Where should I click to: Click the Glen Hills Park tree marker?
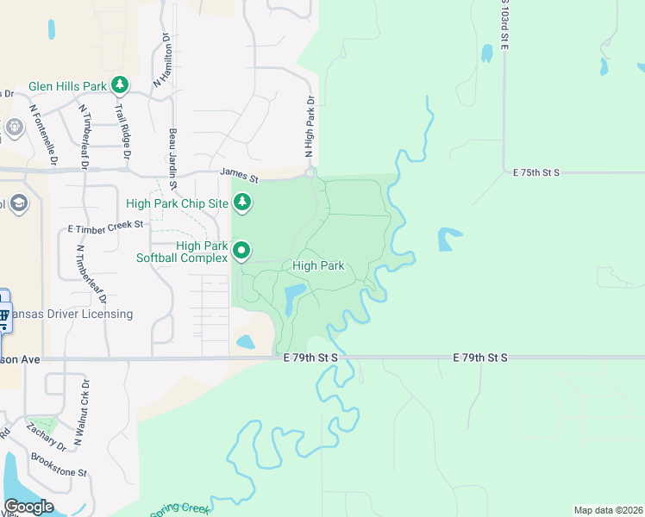coord(120,85)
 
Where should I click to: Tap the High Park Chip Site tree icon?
coord(243,202)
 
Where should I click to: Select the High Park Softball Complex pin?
coord(242,251)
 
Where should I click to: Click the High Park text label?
coord(319,266)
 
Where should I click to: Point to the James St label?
coord(239,174)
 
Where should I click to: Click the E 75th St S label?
coord(536,172)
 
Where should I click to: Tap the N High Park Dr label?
coord(310,126)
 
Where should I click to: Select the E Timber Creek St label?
coord(105,225)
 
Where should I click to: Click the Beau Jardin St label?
coord(172,159)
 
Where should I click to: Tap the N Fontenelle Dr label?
coord(43,135)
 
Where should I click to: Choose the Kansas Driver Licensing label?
coord(67,314)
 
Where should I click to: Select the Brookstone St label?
coord(59,465)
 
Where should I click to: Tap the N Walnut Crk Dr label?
coord(81,412)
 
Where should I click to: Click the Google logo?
coord(28,507)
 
